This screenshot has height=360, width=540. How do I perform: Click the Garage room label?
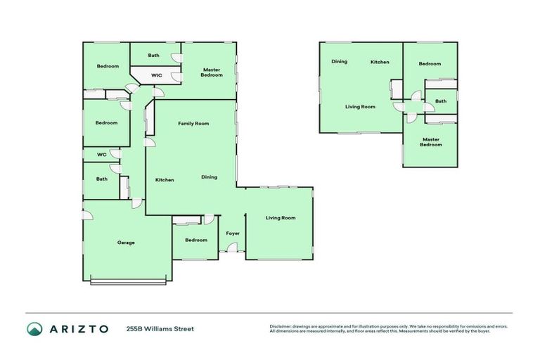pyautogui.click(x=126, y=243)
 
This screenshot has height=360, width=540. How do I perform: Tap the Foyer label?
pyautogui.click(x=233, y=233)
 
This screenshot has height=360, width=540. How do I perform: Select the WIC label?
pyautogui.click(x=157, y=75)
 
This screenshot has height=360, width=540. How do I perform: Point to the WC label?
pyautogui.click(x=102, y=154)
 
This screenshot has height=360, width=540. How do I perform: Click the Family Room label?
pyautogui.click(x=193, y=123)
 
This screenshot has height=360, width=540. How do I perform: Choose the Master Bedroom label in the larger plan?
pyautogui.click(x=212, y=72)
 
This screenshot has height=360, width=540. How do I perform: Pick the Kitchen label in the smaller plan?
pyautogui.click(x=380, y=62)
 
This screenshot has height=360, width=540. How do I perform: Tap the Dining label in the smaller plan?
pyautogui.click(x=340, y=61)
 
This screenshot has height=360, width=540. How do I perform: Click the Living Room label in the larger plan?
pyautogui.click(x=281, y=217)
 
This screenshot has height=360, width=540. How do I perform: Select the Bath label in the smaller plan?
pyautogui.click(x=441, y=101)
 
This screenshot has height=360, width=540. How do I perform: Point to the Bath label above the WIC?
pyautogui.click(x=154, y=56)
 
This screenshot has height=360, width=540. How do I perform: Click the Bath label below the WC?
pyautogui.click(x=102, y=179)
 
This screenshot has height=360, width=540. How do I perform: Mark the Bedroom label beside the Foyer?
pyautogui.click(x=196, y=240)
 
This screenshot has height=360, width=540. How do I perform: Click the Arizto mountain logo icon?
pyautogui.click(x=34, y=328)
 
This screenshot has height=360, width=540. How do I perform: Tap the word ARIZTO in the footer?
pyautogui.click(x=78, y=328)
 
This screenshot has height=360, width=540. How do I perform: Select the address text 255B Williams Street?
pyautogui.click(x=160, y=328)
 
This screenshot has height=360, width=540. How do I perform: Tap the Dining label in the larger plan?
pyautogui.click(x=209, y=177)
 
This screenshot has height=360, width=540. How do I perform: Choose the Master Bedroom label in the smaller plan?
pyautogui.click(x=431, y=142)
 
